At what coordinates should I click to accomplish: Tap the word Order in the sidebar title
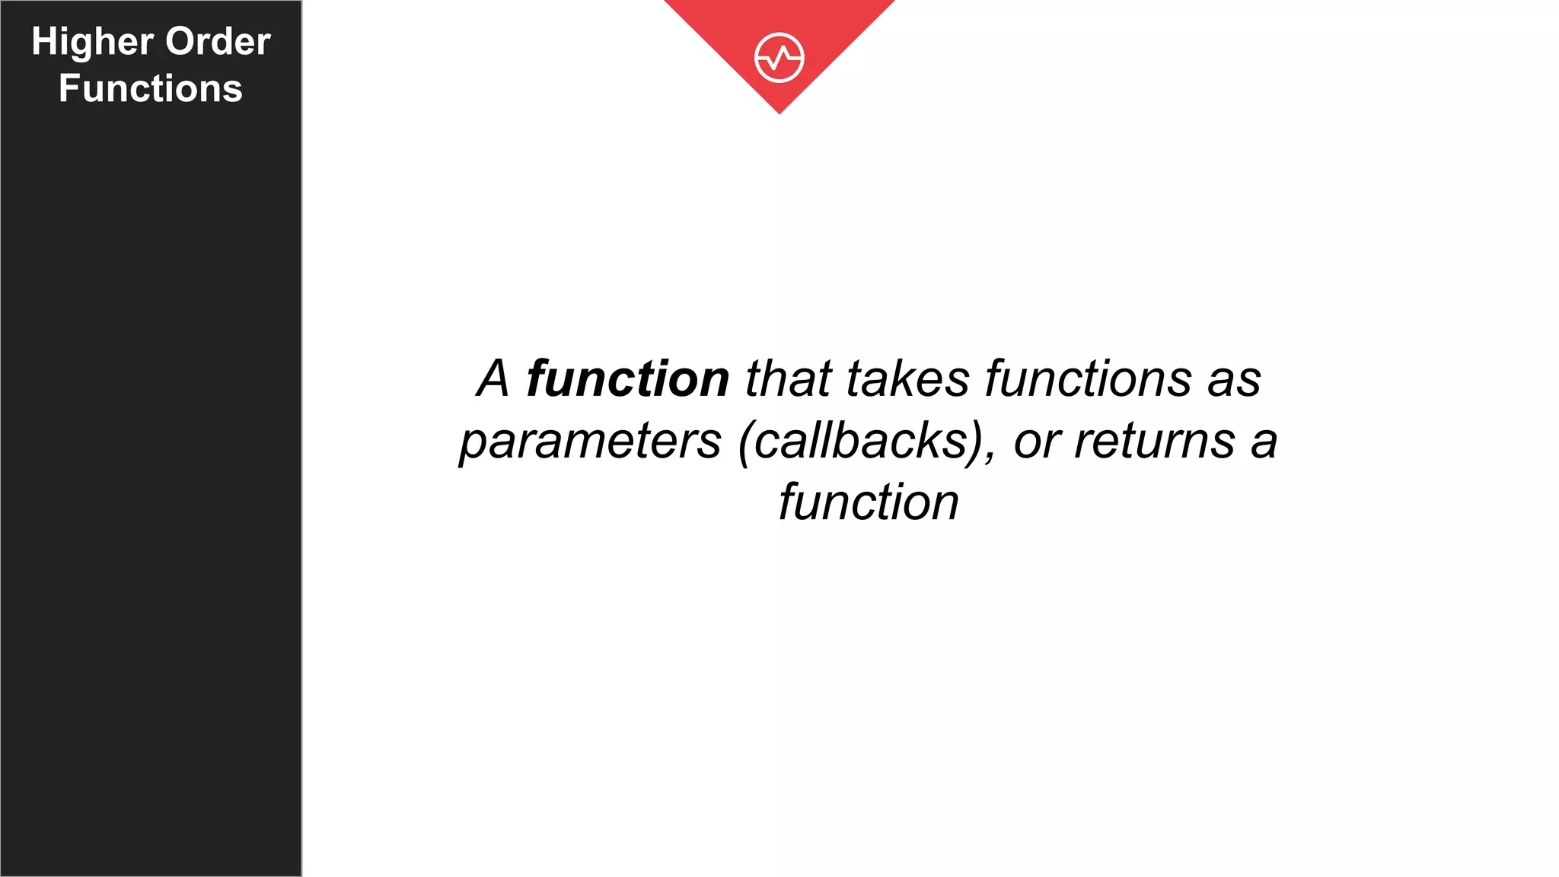(x=218, y=41)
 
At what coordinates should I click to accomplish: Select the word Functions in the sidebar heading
(x=151, y=88)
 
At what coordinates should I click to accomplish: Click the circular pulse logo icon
(x=779, y=57)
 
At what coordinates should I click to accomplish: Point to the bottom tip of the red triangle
(x=779, y=112)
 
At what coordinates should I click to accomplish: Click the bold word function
(x=627, y=378)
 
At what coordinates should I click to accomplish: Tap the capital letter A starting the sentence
(x=493, y=378)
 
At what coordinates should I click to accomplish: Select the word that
(x=788, y=378)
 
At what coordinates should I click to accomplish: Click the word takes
(x=907, y=378)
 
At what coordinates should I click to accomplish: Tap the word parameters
(x=590, y=441)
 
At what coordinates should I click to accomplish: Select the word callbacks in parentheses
(x=861, y=441)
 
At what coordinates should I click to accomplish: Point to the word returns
(x=1154, y=441)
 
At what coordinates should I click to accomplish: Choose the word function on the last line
(x=868, y=502)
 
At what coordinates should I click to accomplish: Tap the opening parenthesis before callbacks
(x=745, y=442)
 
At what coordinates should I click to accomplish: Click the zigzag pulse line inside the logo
(x=779, y=58)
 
